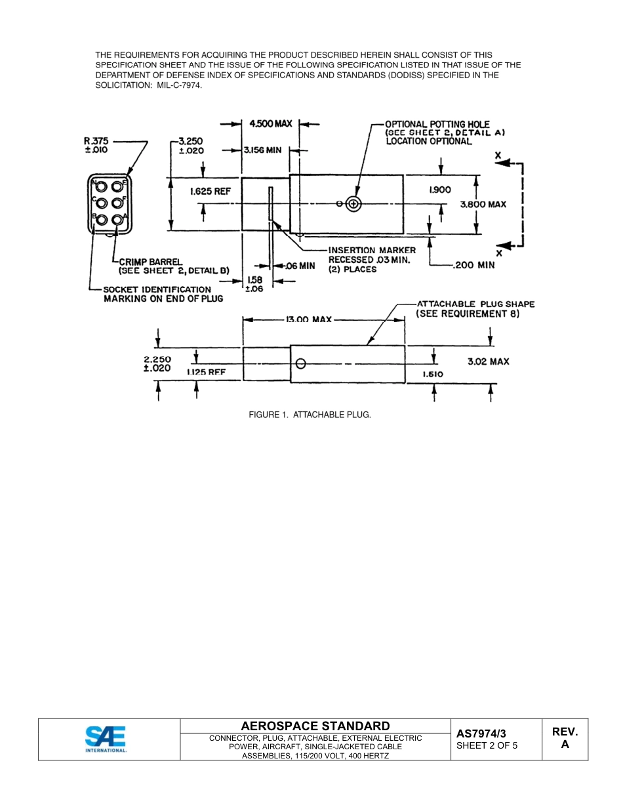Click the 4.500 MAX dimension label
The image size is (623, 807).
click(271, 124)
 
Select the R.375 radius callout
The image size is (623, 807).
click(96, 145)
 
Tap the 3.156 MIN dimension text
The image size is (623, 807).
click(262, 150)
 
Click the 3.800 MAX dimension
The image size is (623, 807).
click(483, 205)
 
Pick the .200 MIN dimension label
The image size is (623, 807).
click(473, 265)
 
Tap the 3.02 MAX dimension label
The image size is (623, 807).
click(488, 362)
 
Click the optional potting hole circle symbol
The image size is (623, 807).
click(353, 204)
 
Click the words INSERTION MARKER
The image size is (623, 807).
click(372, 250)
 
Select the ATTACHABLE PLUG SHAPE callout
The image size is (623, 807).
click(475, 304)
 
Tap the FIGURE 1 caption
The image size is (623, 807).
click(310, 415)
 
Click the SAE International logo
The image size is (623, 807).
click(106, 739)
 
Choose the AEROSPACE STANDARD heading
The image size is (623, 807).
click(315, 726)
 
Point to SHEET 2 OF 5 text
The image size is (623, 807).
click(487, 745)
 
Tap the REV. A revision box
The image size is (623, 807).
click(565, 738)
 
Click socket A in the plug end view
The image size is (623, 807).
click(117, 220)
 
